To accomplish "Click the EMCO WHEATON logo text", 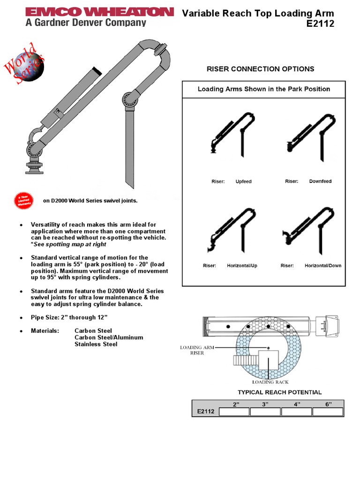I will click(99, 12).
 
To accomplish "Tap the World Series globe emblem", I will click(29, 65).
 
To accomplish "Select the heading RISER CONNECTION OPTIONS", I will click(260, 69).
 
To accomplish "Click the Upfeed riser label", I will click(243, 181).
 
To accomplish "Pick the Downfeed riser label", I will click(320, 181).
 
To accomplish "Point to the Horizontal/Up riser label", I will click(242, 266).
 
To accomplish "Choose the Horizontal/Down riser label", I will click(323, 266).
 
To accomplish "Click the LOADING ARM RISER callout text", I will click(197, 350).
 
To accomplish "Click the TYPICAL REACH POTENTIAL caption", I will click(279, 392).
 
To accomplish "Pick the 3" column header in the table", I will click(265, 404).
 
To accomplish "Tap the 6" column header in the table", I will click(327, 404).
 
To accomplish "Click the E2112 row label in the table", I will click(205, 412).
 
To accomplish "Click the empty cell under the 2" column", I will click(234, 412).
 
